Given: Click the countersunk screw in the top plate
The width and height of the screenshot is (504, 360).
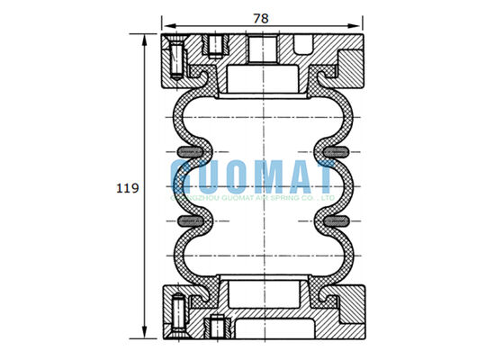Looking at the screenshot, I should coord(177,58).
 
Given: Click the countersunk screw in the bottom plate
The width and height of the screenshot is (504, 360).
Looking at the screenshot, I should coord(177,310).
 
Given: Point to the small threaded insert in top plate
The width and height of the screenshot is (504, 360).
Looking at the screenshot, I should coord(215,44).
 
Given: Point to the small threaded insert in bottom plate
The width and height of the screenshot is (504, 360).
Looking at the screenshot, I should coord(215,326).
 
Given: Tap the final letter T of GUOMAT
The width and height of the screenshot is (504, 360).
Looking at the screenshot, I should coord(326,175).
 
